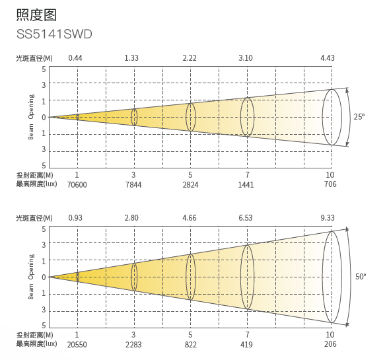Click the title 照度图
point(36,15)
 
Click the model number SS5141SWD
point(54,34)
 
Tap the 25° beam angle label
point(359,116)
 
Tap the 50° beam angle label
point(361,277)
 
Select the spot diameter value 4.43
point(328,58)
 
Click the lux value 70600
point(77,185)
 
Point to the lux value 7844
point(133,185)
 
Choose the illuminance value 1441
point(246,185)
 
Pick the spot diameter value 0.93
point(75,218)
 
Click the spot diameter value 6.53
point(245,218)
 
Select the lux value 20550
point(77,345)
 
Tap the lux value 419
point(246,345)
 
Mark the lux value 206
point(330,344)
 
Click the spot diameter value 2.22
point(190,58)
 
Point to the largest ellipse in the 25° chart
point(322,117)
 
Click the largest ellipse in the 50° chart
point(322,277)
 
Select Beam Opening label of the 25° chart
point(31,117)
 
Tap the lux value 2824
point(190,185)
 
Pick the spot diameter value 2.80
point(131,218)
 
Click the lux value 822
point(191,345)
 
